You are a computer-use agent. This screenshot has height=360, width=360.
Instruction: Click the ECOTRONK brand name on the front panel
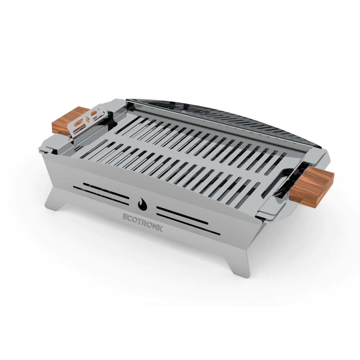coord(143,223)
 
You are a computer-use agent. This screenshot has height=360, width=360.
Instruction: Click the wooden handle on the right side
coord(311,186)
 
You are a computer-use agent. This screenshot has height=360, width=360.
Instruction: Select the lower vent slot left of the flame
coord(101,195)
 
